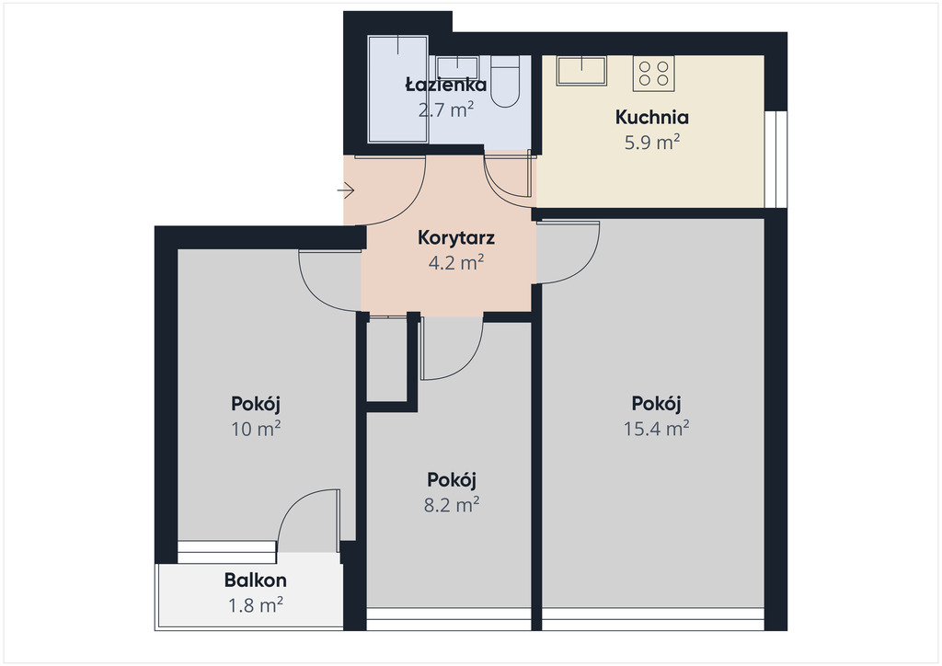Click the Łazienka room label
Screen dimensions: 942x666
[446, 84]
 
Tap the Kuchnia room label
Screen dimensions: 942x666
[652, 117]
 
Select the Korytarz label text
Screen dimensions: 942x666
[456, 238]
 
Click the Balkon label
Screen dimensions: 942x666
[256, 580]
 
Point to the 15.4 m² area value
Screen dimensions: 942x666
[656, 428]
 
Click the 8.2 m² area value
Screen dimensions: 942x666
[451, 504]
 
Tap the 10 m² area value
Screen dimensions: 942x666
[256, 428]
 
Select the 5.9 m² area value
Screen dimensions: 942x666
[652, 143]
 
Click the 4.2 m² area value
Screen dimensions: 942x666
[456, 263]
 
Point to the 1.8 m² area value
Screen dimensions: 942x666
[256, 604]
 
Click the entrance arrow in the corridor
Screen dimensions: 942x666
[346, 191]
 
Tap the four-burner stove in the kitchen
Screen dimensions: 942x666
[654, 74]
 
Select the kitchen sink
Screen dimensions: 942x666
[581, 71]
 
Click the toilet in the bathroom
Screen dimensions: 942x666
[505, 81]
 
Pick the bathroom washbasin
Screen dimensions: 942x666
[458, 66]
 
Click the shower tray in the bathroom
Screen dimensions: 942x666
[397, 89]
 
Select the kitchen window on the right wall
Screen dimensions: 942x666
[775, 160]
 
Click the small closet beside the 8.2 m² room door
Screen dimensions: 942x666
[387, 359]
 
